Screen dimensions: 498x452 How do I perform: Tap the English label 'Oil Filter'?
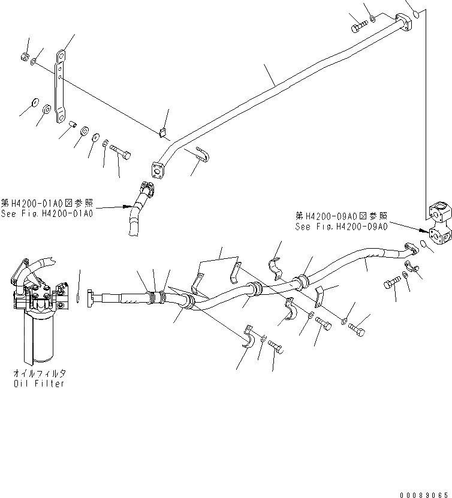(39, 384)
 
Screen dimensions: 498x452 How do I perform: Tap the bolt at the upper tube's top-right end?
(358, 26)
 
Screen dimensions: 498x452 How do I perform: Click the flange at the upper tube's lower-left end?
(158, 170)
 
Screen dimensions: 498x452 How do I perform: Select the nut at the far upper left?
(23, 56)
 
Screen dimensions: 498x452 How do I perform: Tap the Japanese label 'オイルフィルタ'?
(39, 373)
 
